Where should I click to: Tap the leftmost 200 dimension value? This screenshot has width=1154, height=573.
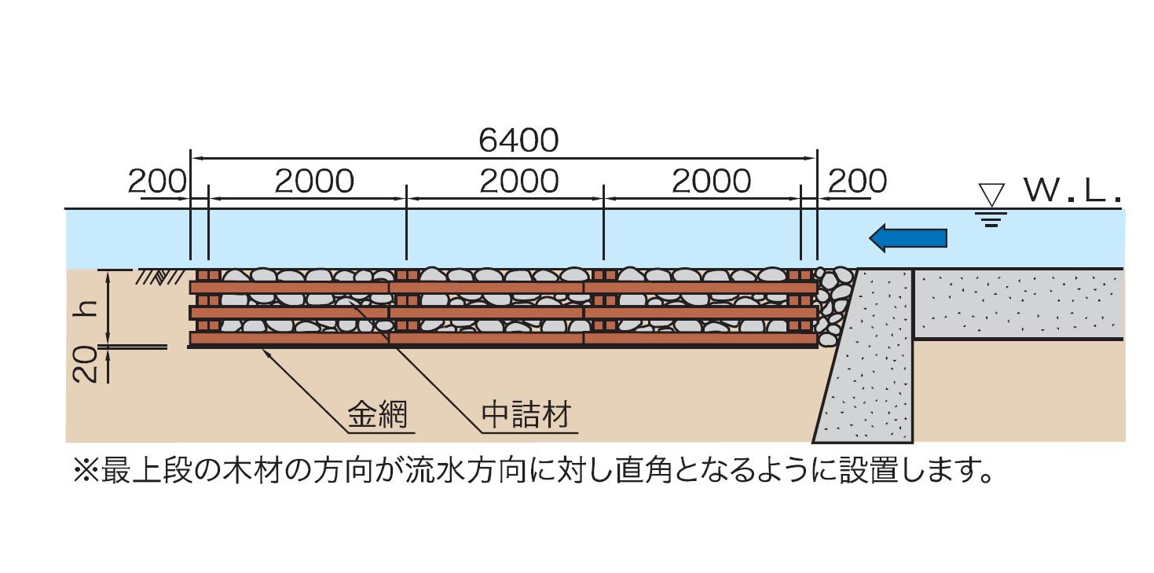pos(157,182)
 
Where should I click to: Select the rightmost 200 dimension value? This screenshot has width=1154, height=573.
pos(857,182)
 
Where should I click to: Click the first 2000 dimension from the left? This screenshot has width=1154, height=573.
pos(314,182)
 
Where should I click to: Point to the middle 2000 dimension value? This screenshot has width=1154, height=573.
pos(518,182)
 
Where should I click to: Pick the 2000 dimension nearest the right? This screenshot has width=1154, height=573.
pos(712,182)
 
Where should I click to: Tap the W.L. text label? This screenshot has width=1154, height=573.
pos(1072,191)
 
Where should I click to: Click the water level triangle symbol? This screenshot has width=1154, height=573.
pos(991,194)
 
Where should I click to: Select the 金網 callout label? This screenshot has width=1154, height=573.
pos(379,414)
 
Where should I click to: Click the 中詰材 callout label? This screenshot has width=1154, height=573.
pos(526,414)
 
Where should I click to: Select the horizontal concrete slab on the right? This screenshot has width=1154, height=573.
pos(1018,304)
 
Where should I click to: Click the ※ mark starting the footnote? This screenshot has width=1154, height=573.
pos(83,471)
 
